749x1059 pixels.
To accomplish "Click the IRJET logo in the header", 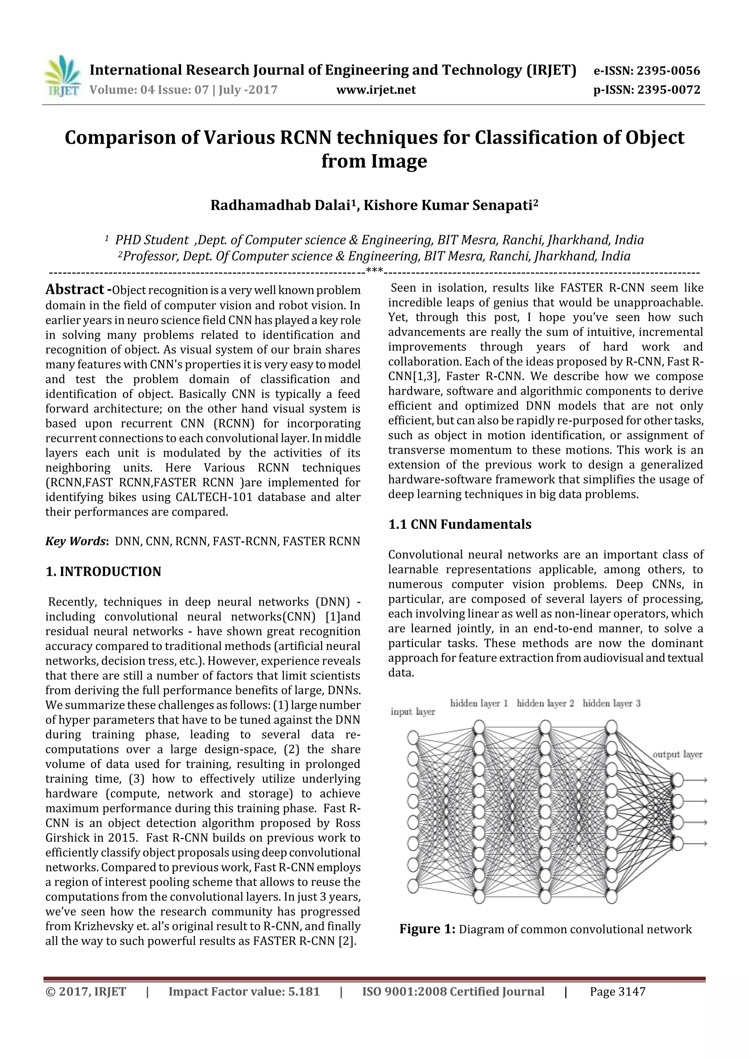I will (62, 76).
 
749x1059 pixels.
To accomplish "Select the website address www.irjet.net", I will (376, 90).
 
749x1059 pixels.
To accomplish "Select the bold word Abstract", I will (75, 289).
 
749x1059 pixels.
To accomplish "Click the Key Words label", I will (76, 541).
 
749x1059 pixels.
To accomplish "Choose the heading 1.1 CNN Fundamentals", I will (460, 525).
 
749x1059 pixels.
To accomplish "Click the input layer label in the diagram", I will (413, 712).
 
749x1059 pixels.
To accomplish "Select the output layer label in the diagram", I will (677, 754).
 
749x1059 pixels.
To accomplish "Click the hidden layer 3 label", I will (611, 703).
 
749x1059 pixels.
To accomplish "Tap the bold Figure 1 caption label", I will (427, 928).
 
